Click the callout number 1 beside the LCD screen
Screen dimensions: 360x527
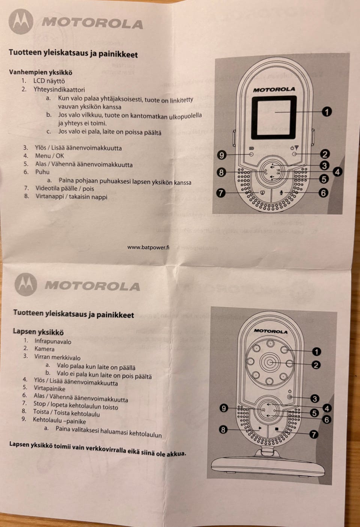327,112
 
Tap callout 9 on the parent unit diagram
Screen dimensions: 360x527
222,155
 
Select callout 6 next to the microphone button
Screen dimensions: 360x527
323,193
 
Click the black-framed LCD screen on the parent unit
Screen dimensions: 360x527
274,118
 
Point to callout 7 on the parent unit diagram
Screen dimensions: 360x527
220,193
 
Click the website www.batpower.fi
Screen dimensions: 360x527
148,247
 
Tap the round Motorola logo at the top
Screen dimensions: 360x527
21,22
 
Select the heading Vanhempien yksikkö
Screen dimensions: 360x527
40,72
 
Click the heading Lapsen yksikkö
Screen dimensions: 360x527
38,331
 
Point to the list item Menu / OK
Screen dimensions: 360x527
49,156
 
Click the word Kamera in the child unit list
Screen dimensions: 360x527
44,349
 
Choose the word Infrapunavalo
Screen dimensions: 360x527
53,341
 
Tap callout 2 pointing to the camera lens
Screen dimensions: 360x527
316,365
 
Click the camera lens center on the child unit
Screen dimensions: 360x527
270,362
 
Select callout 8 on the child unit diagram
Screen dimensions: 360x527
223,430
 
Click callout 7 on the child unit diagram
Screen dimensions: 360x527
313,434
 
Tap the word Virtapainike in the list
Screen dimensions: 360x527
49,388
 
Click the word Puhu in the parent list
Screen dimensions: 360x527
42,172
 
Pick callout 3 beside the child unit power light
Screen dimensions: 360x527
315,398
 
